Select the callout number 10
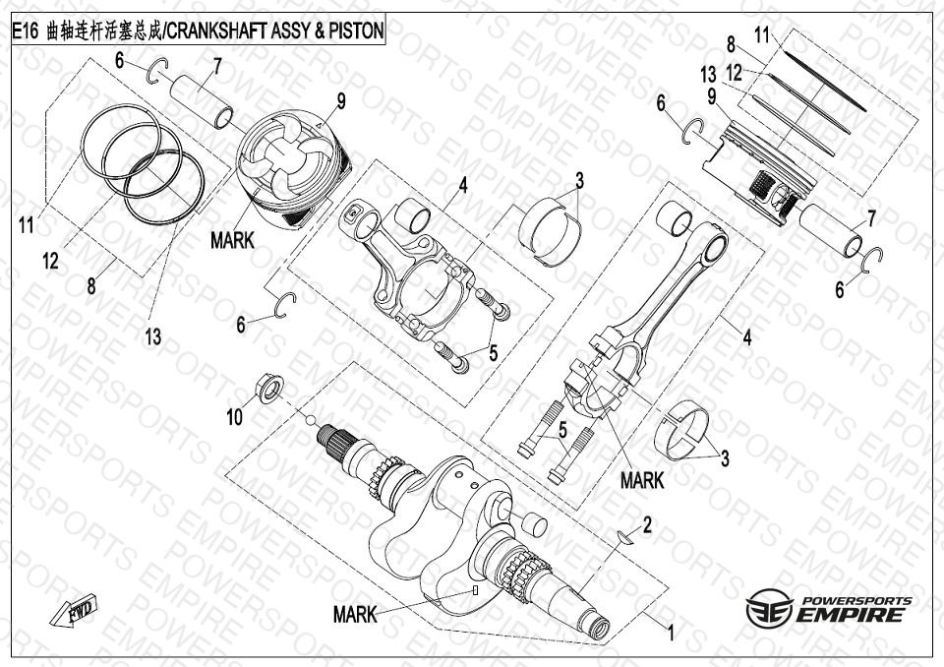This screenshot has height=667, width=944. (x=234, y=417)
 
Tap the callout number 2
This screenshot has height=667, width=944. (x=647, y=526)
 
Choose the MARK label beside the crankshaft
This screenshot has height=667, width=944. (x=355, y=615)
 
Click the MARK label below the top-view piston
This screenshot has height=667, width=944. (x=232, y=239)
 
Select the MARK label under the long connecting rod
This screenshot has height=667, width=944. (x=642, y=480)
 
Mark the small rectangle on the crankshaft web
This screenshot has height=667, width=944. (x=476, y=591)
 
